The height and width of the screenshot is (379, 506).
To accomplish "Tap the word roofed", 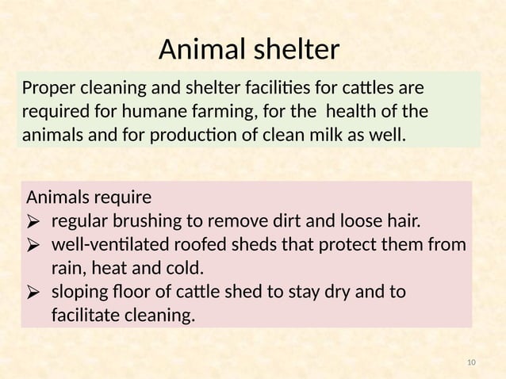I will pyautogui.click(x=216, y=244).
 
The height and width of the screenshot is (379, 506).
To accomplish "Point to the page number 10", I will pyautogui.click(x=472, y=363).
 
